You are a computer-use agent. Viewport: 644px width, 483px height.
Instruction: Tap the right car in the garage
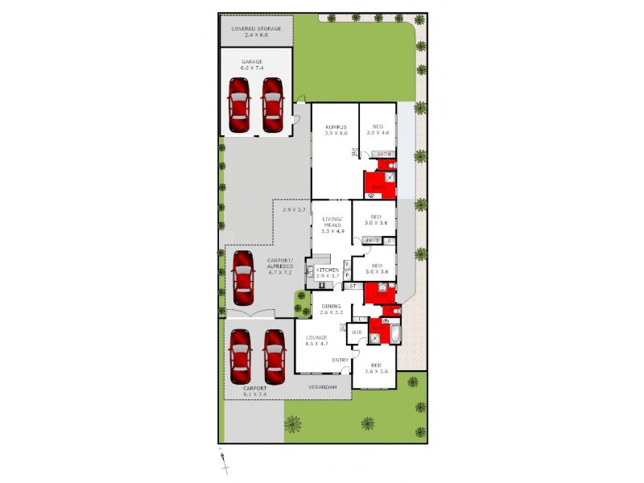coord(272,105)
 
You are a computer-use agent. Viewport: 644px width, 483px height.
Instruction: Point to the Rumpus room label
coord(336,130)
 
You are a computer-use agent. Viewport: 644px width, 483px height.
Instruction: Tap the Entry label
coord(340,359)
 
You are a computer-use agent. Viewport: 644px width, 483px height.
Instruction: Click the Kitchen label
coord(328,273)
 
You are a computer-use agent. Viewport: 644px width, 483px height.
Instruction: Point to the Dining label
coord(332,309)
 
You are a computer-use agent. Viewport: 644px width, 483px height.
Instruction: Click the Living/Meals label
coord(332,225)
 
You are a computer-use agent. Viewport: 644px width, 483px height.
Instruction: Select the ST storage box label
coord(353,286)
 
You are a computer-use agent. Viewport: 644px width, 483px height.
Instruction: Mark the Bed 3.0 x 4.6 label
coord(378,130)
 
